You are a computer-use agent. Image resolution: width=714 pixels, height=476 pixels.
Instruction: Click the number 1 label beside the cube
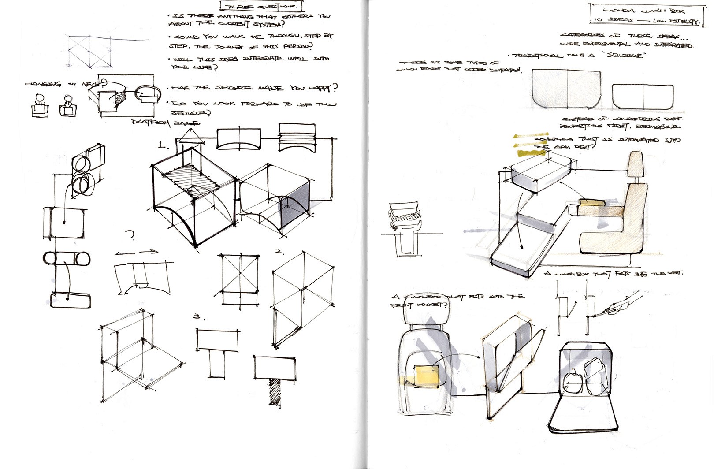tap(163, 145)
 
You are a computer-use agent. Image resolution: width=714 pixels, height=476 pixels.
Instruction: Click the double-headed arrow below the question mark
tap(136, 253)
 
